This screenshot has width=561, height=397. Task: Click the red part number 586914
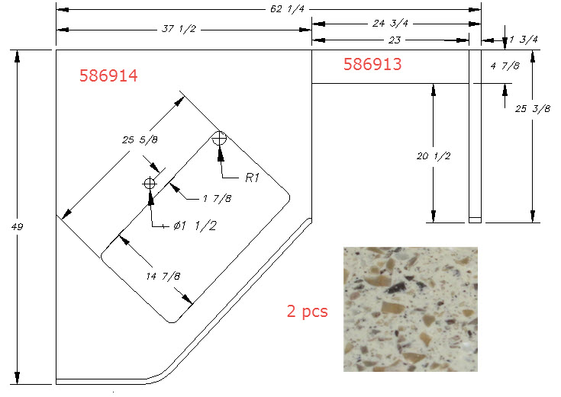tap(108, 75)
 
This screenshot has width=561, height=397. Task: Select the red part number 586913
tap(372, 64)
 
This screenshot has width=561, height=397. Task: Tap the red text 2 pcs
tap(308, 311)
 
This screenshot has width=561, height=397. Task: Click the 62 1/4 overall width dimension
tap(287, 9)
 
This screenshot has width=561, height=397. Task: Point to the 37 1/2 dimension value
tap(179, 29)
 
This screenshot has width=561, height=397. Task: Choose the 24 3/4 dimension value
tap(390, 24)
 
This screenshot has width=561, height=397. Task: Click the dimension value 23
tap(395, 40)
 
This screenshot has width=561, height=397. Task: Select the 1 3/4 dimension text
tap(524, 40)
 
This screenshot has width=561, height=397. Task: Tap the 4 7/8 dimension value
tap(505, 66)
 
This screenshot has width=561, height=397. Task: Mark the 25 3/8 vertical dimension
tap(533, 109)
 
